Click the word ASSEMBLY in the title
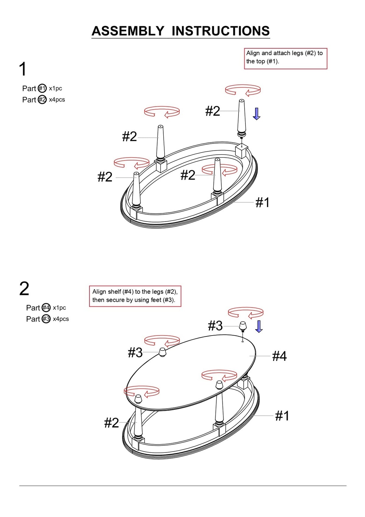tap(128, 31)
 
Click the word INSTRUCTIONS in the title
tap(221, 31)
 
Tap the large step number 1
tap(23, 69)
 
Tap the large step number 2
tap(24, 289)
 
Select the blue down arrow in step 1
tap(256, 114)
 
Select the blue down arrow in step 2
tap(259, 327)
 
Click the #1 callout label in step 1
tap(262, 202)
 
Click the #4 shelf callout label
tap(280, 356)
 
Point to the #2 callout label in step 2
tap(112, 423)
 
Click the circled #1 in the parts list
tap(42, 88)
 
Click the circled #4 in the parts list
tap(46, 308)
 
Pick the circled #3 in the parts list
tap(46, 319)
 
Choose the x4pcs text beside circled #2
tap(57, 100)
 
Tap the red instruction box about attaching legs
tap(286, 59)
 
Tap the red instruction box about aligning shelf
tap(135, 296)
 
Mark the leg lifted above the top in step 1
tap(242, 119)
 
